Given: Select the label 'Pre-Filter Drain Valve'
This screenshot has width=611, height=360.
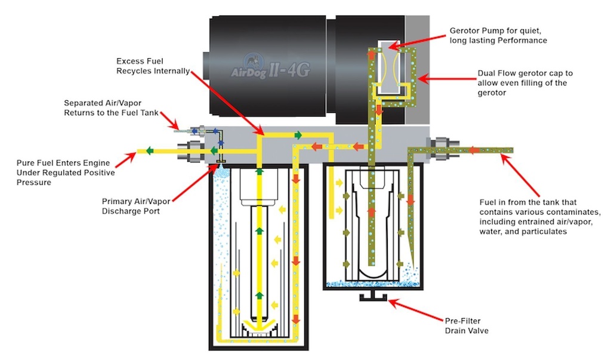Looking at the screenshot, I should point(467,325).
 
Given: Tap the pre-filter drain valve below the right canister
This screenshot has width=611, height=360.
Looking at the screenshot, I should point(372,296).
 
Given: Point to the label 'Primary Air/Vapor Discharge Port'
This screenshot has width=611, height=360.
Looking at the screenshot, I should point(134,205).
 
